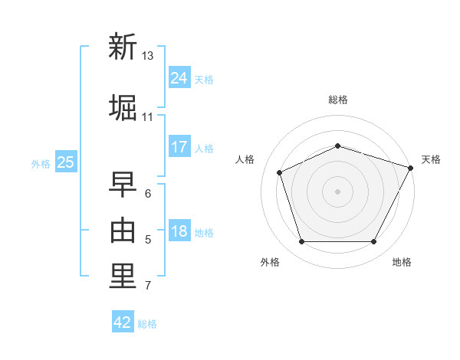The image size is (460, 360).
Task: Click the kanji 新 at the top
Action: pyautogui.click(x=123, y=46)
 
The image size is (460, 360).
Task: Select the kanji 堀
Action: pyautogui.click(x=123, y=107)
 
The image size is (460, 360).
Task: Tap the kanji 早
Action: pyautogui.click(x=123, y=184)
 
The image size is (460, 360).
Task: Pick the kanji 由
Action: pyautogui.click(x=123, y=230)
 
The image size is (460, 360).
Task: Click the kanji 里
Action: pyautogui.click(x=123, y=276)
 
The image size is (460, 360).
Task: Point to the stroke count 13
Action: pyautogui.click(x=147, y=56)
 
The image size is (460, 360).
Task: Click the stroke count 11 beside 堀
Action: pyautogui.click(x=147, y=117)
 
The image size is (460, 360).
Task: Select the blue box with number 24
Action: pyautogui.click(x=179, y=77)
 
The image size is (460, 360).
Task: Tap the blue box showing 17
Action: pyautogui.click(x=179, y=146)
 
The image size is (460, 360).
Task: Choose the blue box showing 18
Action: pyautogui.click(x=179, y=230)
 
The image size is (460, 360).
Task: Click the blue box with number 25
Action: pyautogui.click(x=66, y=162)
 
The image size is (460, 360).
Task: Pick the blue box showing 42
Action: pyautogui.click(x=123, y=321)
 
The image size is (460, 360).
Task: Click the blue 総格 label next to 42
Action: pyautogui.click(x=147, y=324)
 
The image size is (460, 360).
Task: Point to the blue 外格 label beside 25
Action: pyautogui.click(x=41, y=164)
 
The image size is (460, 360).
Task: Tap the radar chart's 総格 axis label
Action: pyautogui.click(x=338, y=100)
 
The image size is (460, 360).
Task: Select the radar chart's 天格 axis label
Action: pyautogui.click(x=431, y=159)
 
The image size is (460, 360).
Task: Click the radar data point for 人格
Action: pyautogui.click(x=280, y=172)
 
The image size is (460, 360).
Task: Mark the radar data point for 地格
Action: pyautogui.click(x=374, y=241)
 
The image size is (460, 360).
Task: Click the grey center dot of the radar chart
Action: pyautogui.click(x=337, y=191)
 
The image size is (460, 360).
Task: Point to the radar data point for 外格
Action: pyautogui.click(x=302, y=241)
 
